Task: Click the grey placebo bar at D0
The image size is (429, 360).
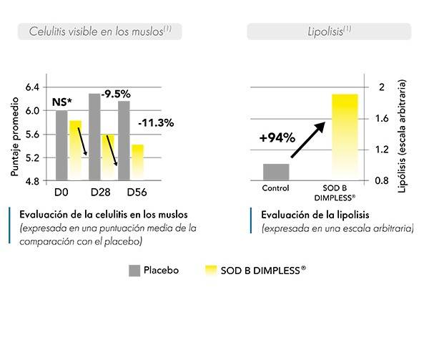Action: coord(61,145)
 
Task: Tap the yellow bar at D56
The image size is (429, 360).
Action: coord(137,162)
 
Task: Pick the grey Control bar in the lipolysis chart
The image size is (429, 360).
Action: coord(276,172)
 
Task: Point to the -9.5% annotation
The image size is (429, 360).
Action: coord(114,94)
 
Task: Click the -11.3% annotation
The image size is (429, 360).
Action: coord(157,122)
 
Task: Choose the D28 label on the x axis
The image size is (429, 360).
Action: coord(99,193)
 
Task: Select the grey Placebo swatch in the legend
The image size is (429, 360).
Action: coord(133,271)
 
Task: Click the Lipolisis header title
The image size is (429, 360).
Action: coord(328,31)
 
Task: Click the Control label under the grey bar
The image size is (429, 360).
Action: coord(275,189)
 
